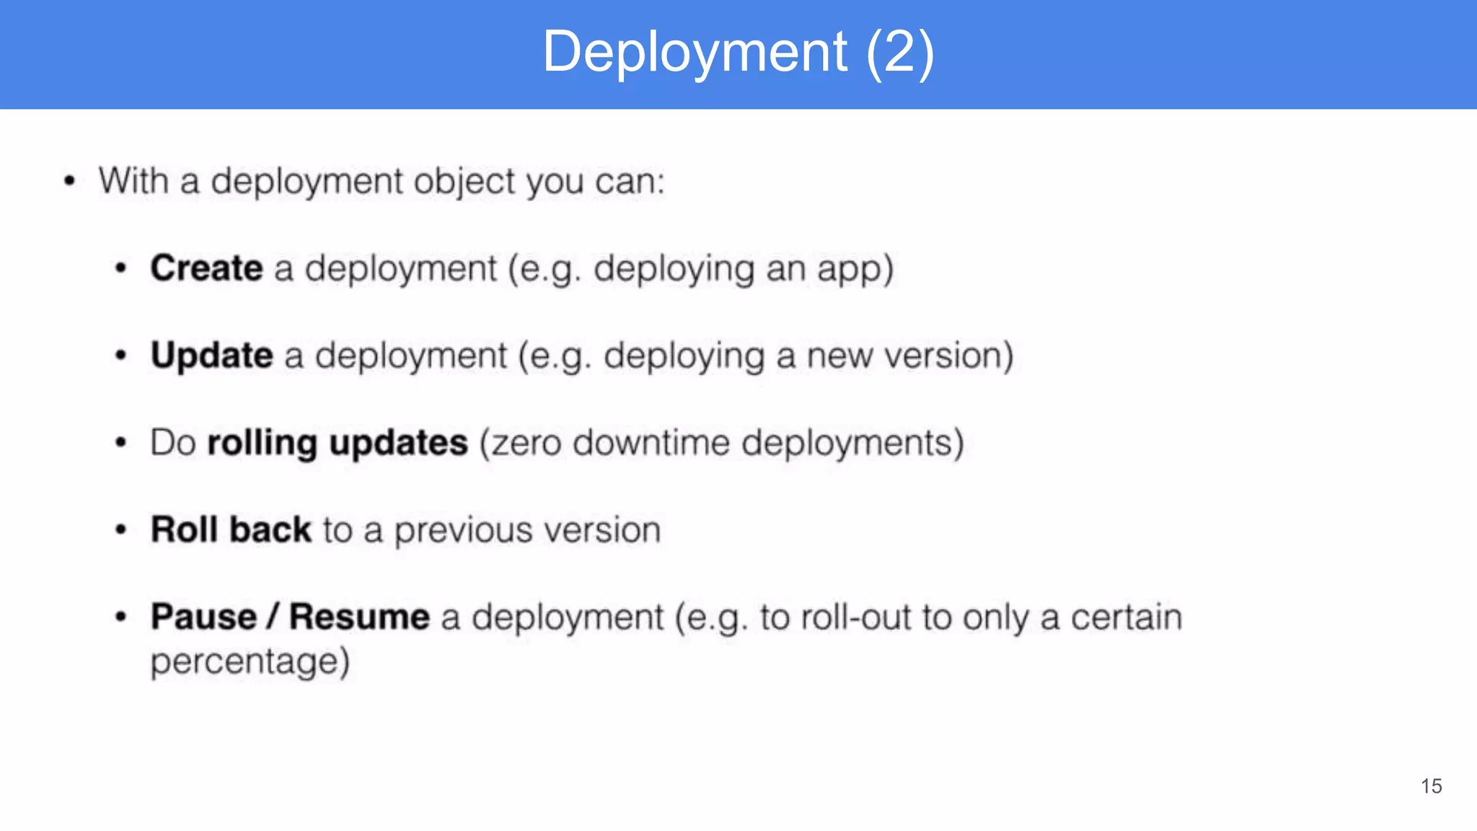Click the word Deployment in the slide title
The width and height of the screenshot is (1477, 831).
[x=695, y=52]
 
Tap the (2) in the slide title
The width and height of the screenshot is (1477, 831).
[x=899, y=52]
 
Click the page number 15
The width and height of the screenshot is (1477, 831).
[x=1431, y=786]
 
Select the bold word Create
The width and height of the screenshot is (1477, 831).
[x=206, y=268]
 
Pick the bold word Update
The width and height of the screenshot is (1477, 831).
[x=212, y=356]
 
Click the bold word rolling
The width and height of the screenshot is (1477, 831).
[x=262, y=443]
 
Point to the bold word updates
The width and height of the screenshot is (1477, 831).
[x=398, y=443]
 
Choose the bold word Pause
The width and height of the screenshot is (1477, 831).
[x=203, y=617]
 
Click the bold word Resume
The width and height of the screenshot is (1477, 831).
[x=359, y=617]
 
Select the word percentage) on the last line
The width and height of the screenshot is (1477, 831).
[x=250, y=662]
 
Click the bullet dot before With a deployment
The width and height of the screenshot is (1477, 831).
[x=69, y=180]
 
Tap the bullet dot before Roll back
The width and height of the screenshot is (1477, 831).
[x=121, y=530]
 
